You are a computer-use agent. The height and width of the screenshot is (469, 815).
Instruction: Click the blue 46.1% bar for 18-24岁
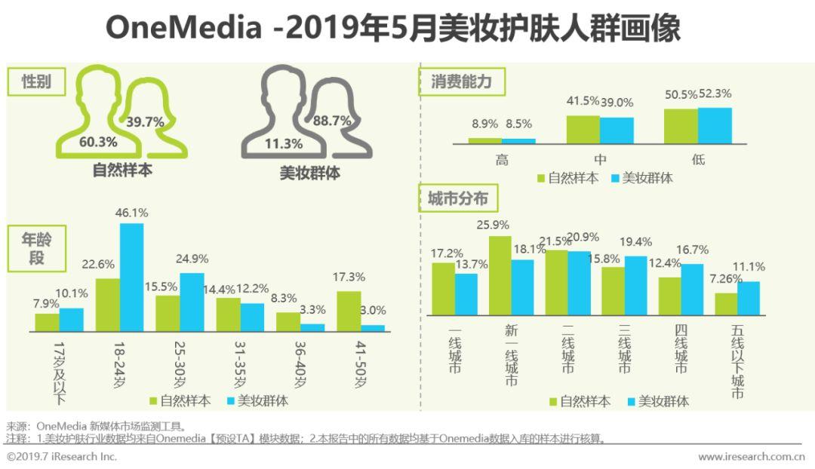point(131,277)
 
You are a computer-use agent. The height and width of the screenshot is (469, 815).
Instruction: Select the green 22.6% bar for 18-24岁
point(108,305)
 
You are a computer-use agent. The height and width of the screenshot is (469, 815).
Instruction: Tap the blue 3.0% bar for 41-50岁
point(373,328)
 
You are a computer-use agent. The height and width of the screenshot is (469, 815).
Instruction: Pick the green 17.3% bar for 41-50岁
point(349,311)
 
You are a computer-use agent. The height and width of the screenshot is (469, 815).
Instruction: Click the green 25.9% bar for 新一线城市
point(500,275)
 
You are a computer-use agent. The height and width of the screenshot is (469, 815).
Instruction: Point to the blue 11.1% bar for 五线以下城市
point(749,298)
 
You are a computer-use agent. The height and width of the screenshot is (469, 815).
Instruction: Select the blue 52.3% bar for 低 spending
point(715,126)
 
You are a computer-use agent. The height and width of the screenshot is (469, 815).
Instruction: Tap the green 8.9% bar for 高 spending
point(484,140)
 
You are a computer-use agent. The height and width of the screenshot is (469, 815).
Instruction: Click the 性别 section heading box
point(35,81)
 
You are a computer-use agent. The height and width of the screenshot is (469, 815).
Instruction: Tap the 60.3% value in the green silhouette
point(98,143)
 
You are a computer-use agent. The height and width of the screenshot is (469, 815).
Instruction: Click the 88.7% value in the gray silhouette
point(332,121)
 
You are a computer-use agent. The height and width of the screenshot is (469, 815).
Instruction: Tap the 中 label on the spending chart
point(600,159)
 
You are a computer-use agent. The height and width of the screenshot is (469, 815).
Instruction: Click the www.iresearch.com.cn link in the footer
point(751,457)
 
